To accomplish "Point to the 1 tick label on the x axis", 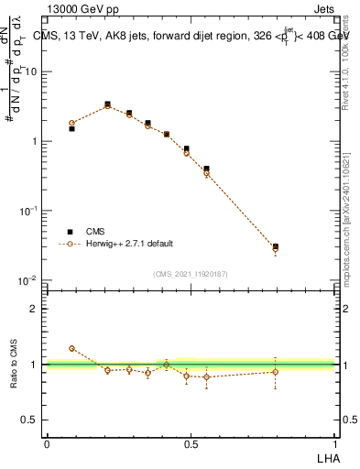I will [x=333, y=443].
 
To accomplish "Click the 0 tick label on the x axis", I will [x=47, y=443].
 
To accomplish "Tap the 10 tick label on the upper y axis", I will [x=31, y=71].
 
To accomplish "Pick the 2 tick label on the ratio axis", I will [x=34, y=309].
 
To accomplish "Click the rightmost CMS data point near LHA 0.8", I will [x=276, y=246].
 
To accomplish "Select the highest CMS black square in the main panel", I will [x=107, y=104].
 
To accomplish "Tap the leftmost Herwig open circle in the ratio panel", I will [x=71, y=348].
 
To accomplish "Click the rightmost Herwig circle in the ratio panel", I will [x=276, y=371].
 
